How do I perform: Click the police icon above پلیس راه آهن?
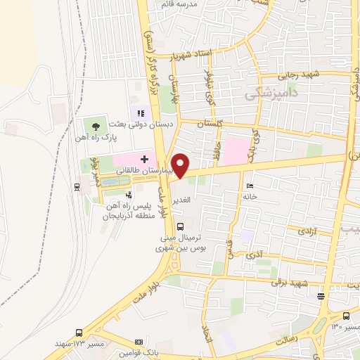coord(129,195)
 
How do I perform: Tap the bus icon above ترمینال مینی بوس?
coord(181,226)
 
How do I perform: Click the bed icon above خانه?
coord(249,186)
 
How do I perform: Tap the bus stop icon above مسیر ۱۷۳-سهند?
coord(78,332)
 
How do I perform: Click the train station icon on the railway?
coord(76,186)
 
